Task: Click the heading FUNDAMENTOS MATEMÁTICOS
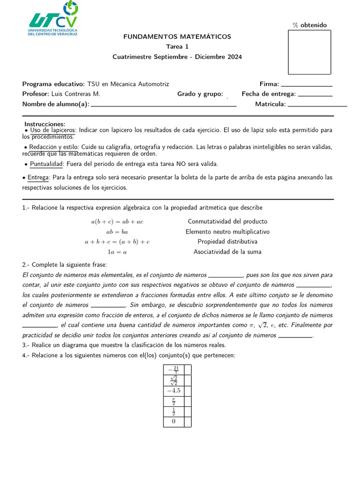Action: coord(177,37)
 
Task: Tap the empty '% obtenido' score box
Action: coord(309,52)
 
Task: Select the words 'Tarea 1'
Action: coord(177,47)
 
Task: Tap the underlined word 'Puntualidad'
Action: coord(46,164)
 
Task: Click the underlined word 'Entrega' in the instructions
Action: coord(38,178)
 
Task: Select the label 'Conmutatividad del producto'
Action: coord(227,222)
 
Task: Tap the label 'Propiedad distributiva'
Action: coord(227,242)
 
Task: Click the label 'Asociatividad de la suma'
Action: coord(227,252)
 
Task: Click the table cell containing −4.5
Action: coord(173,391)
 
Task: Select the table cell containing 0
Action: coord(173,422)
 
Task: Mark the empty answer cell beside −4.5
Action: coord(188,391)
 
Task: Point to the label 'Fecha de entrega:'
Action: coord(269,94)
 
